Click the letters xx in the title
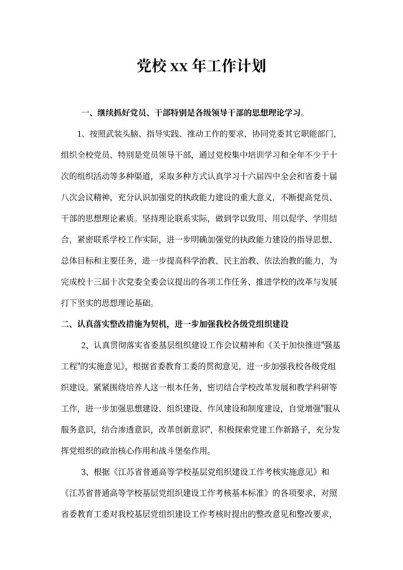click(178, 68)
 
